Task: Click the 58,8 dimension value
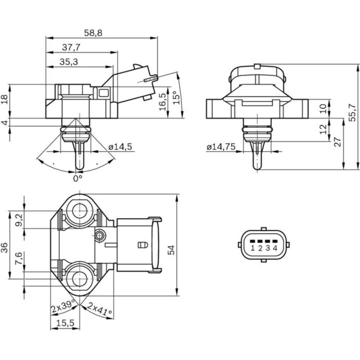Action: click(x=93, y=33)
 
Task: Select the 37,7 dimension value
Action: click(x=71, y=48)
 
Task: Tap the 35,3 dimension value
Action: click(x=69, y=62)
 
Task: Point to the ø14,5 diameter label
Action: click(x=120, y=147)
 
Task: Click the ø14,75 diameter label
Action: click(x=221, y=147)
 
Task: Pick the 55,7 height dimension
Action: click(x=352, y=112)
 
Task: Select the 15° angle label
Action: click(x=176, y=98)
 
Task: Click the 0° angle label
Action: click(x=78, y=178)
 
